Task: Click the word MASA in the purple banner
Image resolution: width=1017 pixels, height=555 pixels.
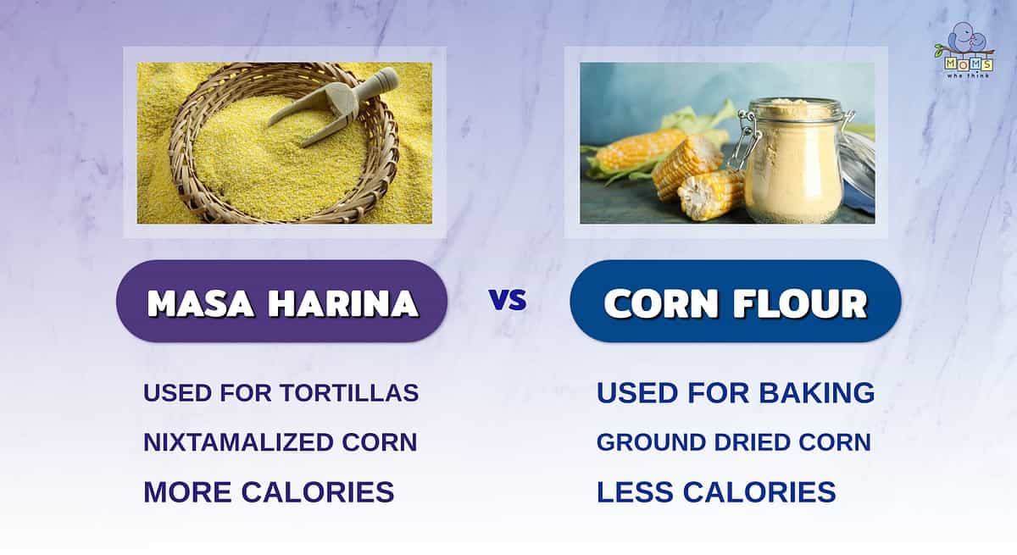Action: click(200, 303)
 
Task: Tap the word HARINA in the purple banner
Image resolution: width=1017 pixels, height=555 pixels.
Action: click(342, 303)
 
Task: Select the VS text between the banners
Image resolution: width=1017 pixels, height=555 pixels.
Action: click(508, 300)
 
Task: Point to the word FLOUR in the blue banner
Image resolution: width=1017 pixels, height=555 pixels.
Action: click(800, 303)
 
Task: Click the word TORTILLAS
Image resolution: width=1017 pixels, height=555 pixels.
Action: click(348, 393)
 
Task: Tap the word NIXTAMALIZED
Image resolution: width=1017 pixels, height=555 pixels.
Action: click(239, 442)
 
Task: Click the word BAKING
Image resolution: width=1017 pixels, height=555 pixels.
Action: click(817, 393)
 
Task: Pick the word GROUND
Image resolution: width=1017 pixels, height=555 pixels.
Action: click(651, 442)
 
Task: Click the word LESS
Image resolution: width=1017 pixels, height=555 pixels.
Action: click(635, 492)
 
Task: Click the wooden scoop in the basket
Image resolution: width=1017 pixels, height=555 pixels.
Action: click(333, 107)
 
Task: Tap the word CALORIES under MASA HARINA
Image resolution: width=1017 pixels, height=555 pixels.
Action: click(317, 492)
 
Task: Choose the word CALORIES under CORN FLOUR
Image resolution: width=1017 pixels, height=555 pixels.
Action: click(759, 492)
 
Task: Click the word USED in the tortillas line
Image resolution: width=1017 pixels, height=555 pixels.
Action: click(177, 393)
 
